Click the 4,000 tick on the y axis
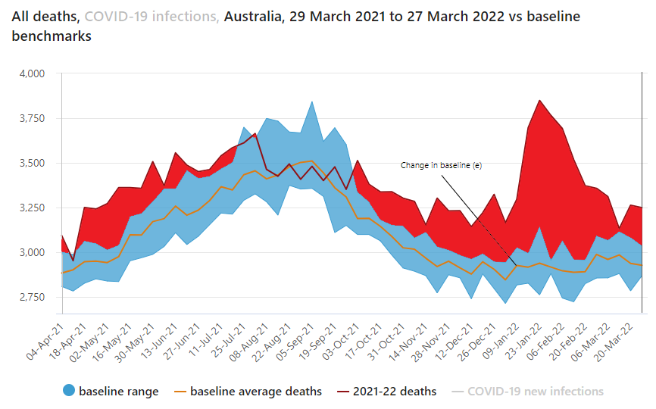[32, 73]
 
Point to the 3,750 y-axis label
[32, 118]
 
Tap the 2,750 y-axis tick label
[32, 297]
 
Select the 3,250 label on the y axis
[32, 208]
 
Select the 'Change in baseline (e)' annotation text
[441, 165]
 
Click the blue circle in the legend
[68, 392]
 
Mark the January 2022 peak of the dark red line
[539, 100]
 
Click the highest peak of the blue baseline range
[311, 101]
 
